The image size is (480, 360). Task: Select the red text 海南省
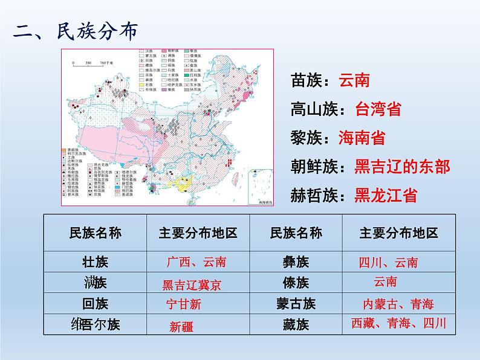coord(362,138)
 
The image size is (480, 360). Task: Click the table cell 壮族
coord(95,262)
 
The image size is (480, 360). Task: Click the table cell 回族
coord(95,303)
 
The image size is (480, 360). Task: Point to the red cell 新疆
coord(181,327)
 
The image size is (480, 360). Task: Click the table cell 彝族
coord(296,262)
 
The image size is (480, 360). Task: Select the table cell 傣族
coord(296,283)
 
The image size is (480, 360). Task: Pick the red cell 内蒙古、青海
coord(398,304)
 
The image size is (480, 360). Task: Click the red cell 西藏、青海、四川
coord(399,324)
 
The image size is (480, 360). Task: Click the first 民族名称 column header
coord(95,233)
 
